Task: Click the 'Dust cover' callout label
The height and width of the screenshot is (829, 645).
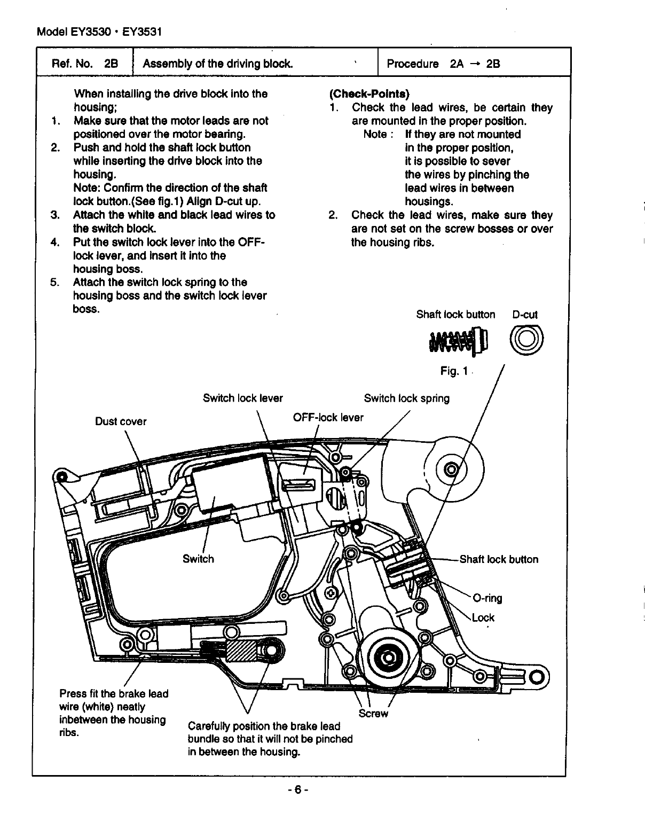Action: tap(120, 421)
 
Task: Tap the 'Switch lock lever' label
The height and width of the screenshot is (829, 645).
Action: tap(243, 398)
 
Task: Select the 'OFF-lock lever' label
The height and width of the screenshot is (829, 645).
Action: tap(328, 417)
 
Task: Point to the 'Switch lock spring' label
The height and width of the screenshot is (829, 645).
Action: tap(406, 398)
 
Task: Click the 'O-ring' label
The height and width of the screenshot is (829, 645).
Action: tap(487, 598)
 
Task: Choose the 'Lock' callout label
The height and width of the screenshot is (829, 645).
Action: tap(483, 617)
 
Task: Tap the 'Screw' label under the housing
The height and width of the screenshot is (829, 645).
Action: tap(373, 714)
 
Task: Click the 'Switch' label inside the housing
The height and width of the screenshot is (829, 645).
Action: tap(198, 559)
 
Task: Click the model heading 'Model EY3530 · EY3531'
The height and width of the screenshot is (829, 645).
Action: tap(99, 32)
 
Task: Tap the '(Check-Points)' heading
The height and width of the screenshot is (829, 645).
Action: tap(369, 94)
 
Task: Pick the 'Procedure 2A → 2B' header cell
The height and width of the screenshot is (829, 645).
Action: tap(443, 64)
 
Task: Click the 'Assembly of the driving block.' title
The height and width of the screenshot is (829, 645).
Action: tap(217, 64)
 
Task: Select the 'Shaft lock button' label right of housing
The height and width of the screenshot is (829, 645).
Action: tap(499, 559)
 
